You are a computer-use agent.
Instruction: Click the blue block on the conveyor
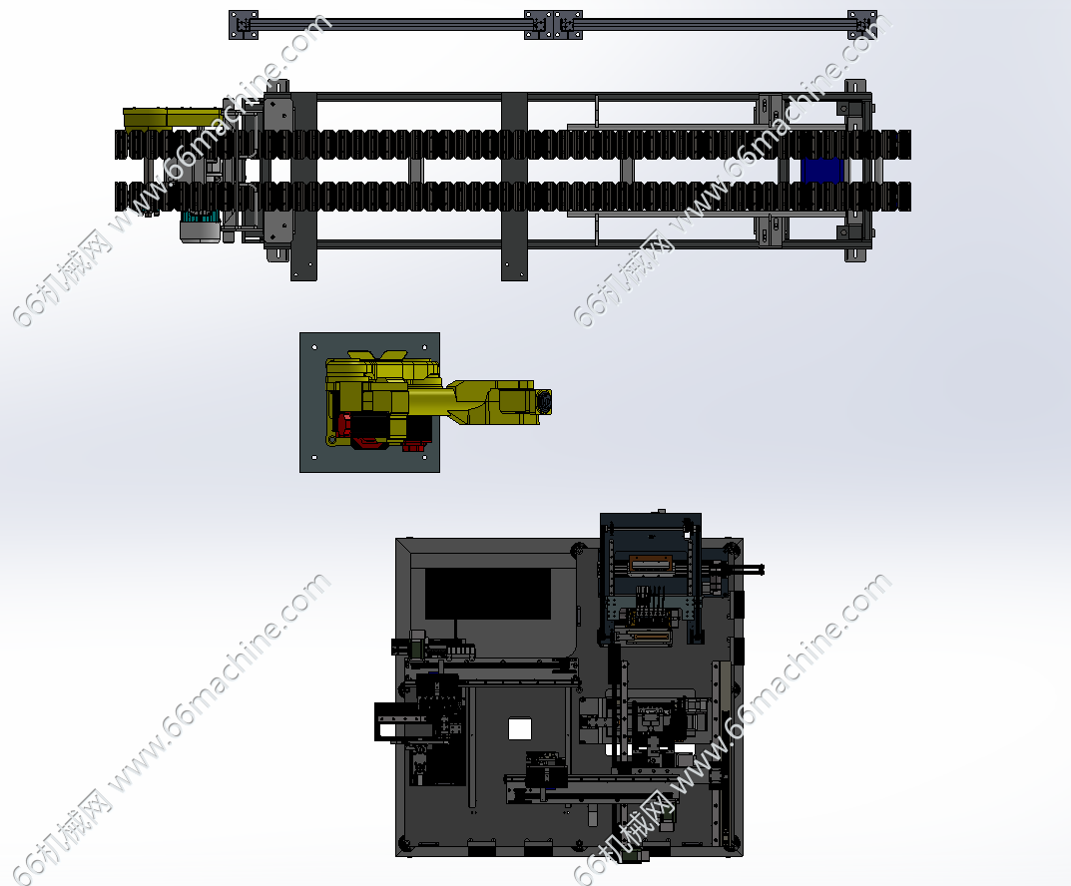tap(822, 170)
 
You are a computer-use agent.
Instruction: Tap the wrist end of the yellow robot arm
tap(544, 401)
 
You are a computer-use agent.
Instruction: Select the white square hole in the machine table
tap(520, 729)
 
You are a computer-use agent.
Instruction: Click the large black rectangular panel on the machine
tap(488, 594)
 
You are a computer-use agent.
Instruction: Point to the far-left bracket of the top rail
tap(244, 25)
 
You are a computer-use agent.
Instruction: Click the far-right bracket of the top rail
tap(862, 25)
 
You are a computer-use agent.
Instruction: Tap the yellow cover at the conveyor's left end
tap(171, 118)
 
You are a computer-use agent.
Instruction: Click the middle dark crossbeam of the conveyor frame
tap(514, 187)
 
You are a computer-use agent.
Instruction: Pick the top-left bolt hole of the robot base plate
tap(314, 347)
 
